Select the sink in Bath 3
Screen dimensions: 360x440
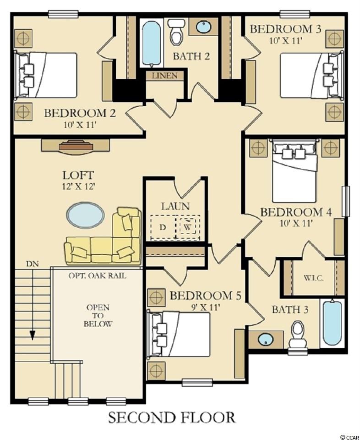265,339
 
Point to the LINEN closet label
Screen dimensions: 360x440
165,76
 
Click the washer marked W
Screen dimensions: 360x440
188,226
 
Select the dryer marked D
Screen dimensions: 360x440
163,227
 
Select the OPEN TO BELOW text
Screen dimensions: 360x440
98,315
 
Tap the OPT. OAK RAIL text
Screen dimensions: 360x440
97,275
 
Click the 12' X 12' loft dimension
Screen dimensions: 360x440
78,187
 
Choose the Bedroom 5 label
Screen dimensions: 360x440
206,295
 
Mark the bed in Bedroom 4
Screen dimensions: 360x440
295,170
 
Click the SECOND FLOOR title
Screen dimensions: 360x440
172,417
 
